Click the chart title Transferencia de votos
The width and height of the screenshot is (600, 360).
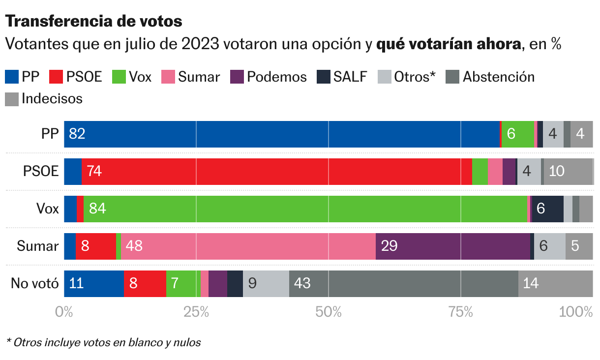(x=93, y=21)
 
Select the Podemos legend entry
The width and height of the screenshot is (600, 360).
(x=269, y=77)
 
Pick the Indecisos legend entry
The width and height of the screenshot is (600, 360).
(x=44, y=98)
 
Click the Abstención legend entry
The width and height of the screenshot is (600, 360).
(x=490, y=77)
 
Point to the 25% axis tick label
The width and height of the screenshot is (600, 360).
(x=196, y=312)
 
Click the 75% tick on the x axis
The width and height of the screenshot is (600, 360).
(x=460, y=312)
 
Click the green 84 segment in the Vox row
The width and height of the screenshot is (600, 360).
(x=305, y=209)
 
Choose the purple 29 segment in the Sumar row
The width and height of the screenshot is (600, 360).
(x=452, y=246)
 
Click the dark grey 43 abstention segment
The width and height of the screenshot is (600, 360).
(x=403, y=284)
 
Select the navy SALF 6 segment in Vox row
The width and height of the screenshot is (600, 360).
(x=547, y=209)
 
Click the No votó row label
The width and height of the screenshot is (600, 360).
(x=35, y=284)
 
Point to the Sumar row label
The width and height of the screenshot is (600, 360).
(x=38, y=246)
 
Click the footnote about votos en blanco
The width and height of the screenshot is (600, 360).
(x=103, y=342)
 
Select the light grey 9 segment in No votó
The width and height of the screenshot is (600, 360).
(x=266, y=284)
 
